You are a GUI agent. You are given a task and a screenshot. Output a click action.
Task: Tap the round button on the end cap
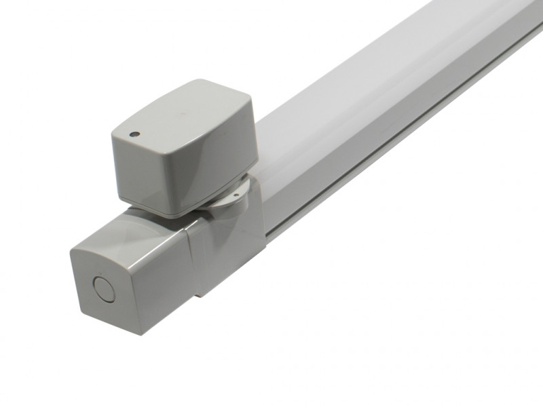(104, 289)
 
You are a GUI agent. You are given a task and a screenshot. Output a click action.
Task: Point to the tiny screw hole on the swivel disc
(235, 195)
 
